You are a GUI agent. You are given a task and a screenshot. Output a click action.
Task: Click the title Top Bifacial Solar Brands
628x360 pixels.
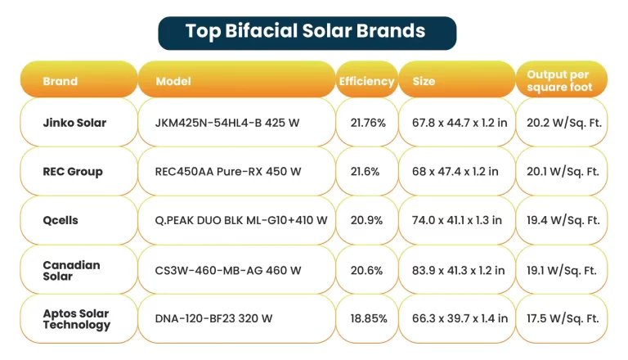(x=306, y=32)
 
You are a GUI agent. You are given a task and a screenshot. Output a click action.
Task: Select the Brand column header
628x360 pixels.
(x=61, y=81)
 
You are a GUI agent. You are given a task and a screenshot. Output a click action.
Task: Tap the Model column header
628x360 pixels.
(x=173, y=81)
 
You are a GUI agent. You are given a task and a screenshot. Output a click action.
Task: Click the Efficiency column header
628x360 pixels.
(x=366, y=81)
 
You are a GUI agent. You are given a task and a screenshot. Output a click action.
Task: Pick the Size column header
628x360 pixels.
(x=424, y=81)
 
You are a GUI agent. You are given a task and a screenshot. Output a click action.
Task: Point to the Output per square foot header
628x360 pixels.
(x=560, y=80)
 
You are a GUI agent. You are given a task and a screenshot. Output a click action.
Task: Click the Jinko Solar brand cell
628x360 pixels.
(x=74, y=124)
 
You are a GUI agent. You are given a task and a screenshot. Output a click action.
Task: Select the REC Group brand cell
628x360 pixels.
(x=73, y=172)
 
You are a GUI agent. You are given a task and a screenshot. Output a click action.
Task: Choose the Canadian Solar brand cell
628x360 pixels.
(x=71, y=270)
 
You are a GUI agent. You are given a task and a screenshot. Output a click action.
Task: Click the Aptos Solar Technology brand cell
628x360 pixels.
(x=76, y=319)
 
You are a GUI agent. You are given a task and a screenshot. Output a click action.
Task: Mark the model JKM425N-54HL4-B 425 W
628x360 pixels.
(x=227, y=124)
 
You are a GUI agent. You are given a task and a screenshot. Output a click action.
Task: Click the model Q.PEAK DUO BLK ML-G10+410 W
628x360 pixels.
(x=241, y=221)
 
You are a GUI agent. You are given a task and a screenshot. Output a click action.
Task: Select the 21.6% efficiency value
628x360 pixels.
(x=364, y=172)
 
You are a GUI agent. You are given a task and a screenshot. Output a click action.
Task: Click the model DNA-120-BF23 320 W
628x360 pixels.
(x=213, y=319)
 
